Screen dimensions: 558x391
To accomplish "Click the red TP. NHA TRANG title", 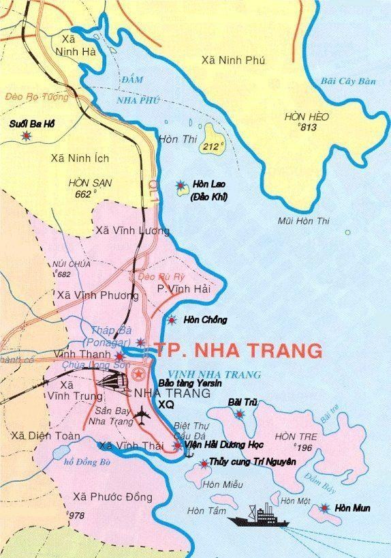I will pos(238,351).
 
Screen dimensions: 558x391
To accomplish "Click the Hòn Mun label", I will pos(354,508).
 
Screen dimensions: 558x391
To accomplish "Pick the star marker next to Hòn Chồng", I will pos(172,320).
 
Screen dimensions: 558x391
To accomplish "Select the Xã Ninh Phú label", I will pos(233,61).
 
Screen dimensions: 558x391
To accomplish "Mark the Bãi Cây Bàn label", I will pos(348,82).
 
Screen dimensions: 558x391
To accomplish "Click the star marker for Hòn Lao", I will pos(181,185).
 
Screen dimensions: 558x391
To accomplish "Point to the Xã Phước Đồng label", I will pos(113,496).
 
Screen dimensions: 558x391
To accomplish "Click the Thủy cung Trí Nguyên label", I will pos(253,462).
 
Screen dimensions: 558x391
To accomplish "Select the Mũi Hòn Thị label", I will pos(303,221).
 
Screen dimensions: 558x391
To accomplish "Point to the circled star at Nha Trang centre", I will pos(139,373).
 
